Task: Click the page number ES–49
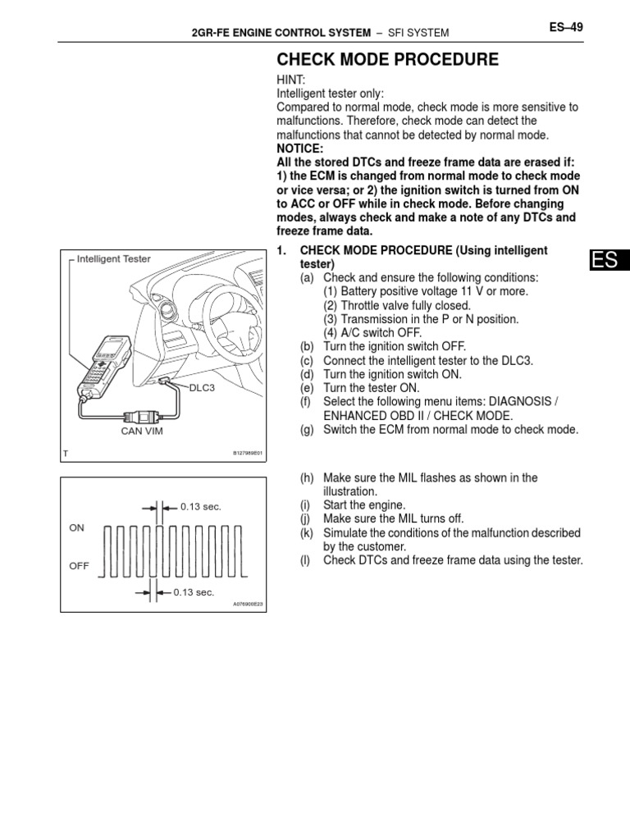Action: click(565, 27)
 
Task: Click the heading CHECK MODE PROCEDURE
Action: click(387, 60)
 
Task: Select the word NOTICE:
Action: click(301, 148)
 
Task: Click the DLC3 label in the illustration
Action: click(201, 387)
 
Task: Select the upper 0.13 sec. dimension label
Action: click(201, 507)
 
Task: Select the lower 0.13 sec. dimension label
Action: click(193, 591)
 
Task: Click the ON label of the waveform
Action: click(77, 528)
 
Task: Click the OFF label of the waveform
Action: click(79, 566)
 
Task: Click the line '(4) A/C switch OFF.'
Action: click(372, 332)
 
